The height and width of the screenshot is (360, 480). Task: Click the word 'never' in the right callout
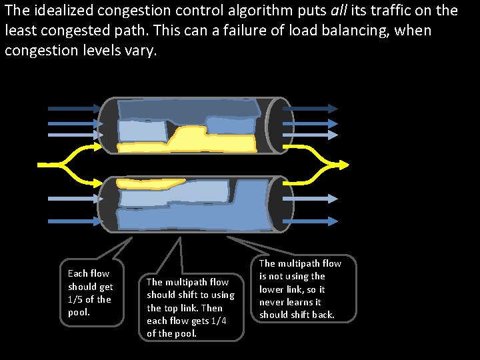[273, 302]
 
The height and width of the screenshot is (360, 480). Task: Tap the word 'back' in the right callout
[322, 315]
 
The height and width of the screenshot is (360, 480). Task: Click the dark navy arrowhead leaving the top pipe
[331, 108]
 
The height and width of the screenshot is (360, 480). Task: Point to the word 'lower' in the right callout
[273, 289]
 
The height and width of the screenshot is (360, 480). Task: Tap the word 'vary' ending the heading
[143, 51]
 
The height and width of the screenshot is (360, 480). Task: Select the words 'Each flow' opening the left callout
[89, 273]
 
